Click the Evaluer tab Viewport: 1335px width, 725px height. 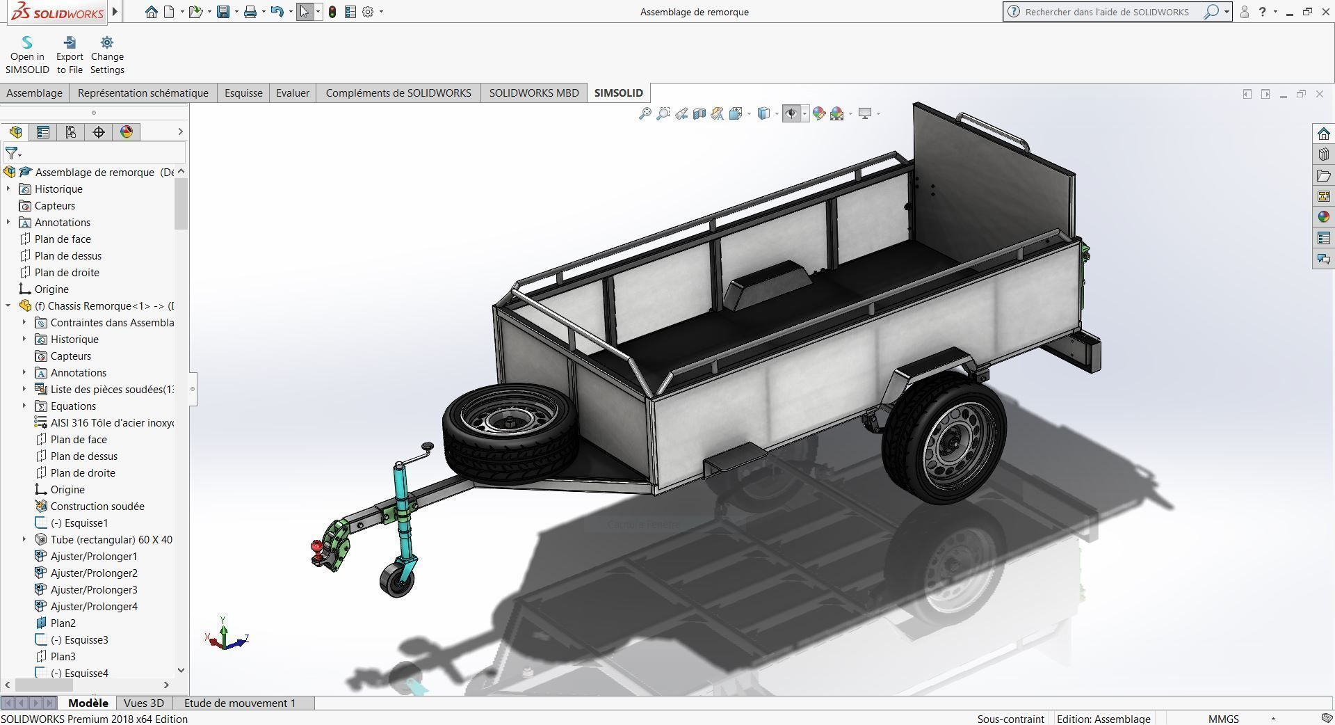292,93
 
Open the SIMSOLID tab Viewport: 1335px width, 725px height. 618,93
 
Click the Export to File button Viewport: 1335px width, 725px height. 70,56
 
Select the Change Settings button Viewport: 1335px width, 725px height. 107,56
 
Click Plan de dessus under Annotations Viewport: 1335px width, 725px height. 67,256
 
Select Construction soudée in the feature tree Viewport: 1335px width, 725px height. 97,507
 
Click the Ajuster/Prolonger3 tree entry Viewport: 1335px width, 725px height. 94,590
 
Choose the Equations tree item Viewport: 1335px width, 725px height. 73,406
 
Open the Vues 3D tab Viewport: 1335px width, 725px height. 143,703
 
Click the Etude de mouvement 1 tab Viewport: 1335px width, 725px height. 240,703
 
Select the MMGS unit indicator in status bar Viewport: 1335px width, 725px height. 1223,719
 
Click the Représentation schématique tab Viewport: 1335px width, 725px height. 143,93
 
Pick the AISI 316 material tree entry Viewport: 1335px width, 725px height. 111,423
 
